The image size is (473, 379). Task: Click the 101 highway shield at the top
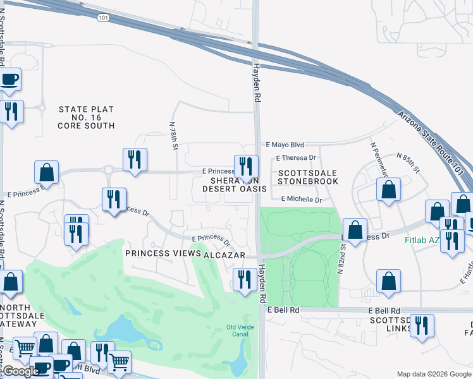pos(102,18)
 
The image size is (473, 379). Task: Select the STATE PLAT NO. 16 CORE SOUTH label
pos(86,117)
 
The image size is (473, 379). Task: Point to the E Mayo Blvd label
pos(285,144)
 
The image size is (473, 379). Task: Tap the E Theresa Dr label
pos(296,158)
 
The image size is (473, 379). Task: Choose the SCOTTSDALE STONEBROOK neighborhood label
pos(308,177)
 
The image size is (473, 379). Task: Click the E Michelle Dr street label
pos(301,198)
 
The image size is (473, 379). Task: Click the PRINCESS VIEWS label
pos(162,253)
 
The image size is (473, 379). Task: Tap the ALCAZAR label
pos(221,254)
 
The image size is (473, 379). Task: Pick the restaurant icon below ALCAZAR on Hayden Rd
pos(245,279)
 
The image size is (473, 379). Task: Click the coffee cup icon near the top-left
pos(9,79)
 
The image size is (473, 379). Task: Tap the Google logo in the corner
pos(21,371)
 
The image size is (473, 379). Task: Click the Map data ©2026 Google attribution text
pos(433,374)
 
